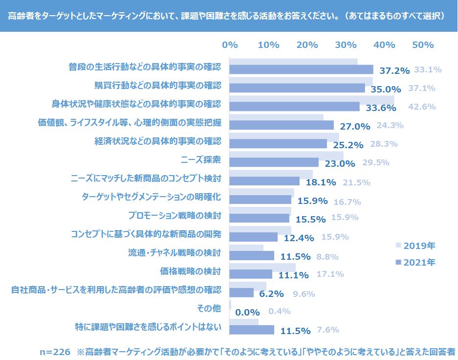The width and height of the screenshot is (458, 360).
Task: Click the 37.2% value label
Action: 394,70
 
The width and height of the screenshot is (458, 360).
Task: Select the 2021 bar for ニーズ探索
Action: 274,162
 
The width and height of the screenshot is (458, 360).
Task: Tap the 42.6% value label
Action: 421,107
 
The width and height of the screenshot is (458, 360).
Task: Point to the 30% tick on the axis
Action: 346,45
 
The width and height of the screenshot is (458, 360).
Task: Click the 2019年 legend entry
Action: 415,245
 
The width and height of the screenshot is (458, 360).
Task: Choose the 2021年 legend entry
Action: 415,262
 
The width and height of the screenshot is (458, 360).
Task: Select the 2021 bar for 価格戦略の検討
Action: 251,274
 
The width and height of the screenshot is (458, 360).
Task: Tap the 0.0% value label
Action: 247,312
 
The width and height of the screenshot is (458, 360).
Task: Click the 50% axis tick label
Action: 423,45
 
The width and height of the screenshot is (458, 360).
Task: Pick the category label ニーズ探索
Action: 201,160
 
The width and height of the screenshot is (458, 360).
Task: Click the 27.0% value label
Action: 355,126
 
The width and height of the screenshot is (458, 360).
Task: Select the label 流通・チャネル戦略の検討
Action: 174,252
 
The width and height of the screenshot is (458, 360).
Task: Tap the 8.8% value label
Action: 327,256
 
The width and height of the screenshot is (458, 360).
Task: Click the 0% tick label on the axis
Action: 230,45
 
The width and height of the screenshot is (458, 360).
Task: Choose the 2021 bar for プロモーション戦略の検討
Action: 259,218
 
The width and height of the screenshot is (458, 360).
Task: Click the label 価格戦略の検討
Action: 191,271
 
